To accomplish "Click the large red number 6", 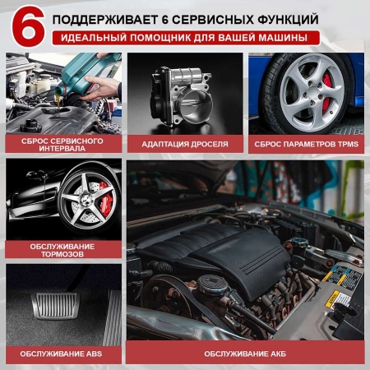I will pyautogui.click(x=24, y=26).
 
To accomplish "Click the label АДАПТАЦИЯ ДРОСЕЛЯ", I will pyautogui.click(x=185, y=143).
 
